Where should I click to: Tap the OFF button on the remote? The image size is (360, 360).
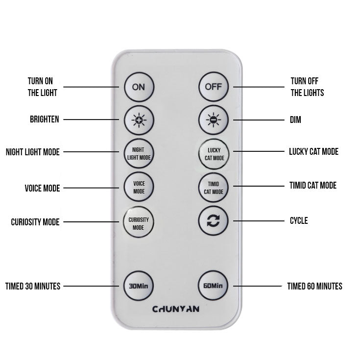click(x=214, y=87)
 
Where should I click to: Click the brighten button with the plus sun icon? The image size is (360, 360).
click(x=139, y=120)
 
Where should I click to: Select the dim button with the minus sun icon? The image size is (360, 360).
click(x=214, y=120)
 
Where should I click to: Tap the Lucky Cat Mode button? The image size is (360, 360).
click(x=214, y=154)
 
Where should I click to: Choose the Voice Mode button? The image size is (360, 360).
click(x=139, y=187)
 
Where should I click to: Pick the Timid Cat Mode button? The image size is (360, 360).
click(x=214, y=188)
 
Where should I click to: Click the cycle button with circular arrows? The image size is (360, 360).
click(x=213, y=220)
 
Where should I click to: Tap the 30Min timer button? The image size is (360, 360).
click(x=138, y=286)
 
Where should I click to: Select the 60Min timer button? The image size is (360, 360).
click(x=213, y=286)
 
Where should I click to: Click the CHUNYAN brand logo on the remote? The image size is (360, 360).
click(x=176, y=309)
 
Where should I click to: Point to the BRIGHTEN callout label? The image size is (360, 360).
click(x=45, y=120)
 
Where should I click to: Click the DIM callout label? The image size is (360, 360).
click(x=295, y=120)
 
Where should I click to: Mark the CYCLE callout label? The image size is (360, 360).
click(x=299, y=220)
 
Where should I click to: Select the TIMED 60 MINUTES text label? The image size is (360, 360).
click(x=315, y=286)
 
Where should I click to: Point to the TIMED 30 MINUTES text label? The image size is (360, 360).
click(x=33, y=286)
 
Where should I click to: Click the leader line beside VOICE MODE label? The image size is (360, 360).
click(x=91, y=188)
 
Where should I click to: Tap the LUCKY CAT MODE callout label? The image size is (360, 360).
click(x=313, y=151)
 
